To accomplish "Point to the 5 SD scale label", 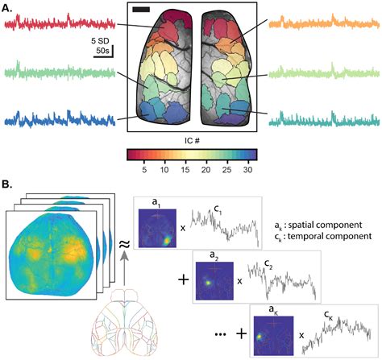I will point(100,39).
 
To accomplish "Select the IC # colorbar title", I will point(191,140).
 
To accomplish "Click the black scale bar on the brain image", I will point(140,10).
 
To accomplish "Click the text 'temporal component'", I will point(336,238).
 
